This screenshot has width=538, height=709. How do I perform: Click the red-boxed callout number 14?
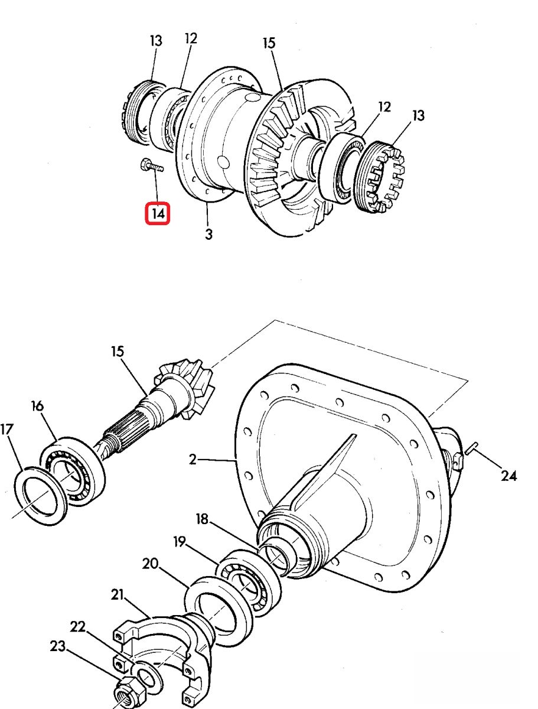point(158,213)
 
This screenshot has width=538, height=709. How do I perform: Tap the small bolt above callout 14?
point(152,167)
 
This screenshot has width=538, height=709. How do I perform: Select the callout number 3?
point(209,234)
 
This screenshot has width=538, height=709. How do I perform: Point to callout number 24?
point(508,476)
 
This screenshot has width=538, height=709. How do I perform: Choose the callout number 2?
point(193,459)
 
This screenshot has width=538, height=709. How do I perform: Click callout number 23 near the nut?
point(58,646)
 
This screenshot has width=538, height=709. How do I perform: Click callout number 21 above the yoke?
point(117,594)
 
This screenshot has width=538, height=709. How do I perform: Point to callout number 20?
point(150,564)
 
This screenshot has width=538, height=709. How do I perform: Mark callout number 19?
point(180,542)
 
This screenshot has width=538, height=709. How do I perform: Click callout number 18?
point(202,519)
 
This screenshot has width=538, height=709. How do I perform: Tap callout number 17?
point(6,429)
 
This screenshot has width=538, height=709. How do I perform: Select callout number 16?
point(37,406)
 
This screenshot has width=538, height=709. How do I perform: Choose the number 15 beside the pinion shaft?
point(118,352)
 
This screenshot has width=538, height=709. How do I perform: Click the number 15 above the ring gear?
point(269,43)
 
